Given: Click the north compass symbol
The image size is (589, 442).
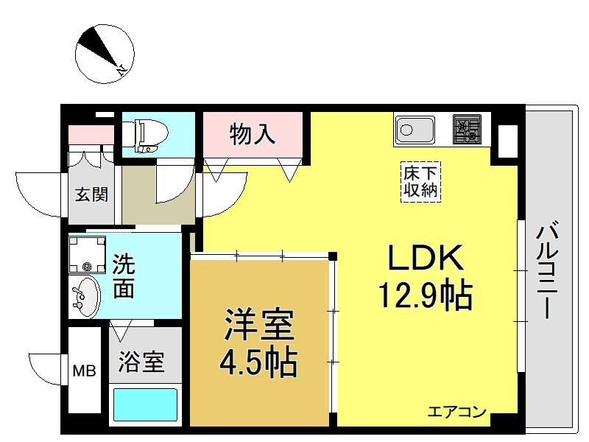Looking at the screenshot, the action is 105,54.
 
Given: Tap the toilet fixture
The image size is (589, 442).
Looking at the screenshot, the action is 149,136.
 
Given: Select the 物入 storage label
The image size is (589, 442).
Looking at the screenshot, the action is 253,134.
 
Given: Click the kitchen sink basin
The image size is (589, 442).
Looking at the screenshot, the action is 415,130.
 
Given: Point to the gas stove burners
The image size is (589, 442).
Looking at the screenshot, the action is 467,130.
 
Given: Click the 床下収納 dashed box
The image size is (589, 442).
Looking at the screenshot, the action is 420,182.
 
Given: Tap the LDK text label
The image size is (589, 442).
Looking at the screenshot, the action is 425,258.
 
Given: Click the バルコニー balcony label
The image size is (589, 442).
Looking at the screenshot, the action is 548,270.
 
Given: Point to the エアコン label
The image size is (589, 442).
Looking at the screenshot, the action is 456,412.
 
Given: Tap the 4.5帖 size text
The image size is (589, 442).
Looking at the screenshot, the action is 258,362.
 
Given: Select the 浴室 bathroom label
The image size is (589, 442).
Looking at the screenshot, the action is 141,362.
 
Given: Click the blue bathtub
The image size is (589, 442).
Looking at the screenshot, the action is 145,404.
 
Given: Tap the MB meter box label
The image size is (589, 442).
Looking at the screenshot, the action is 84,372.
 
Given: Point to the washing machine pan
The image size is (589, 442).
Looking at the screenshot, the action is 87,254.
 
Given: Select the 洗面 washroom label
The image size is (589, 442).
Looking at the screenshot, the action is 124,276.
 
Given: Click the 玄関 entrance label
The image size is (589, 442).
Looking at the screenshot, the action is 91,194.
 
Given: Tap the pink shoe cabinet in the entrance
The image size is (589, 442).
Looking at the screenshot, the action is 91,135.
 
